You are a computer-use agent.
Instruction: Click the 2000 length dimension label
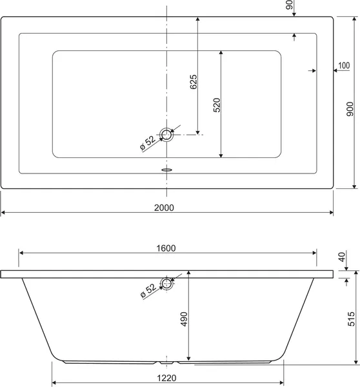click(x=164, y=208)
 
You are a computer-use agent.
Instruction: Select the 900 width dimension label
click(x=350, y=109)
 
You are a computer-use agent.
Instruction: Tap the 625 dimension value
click(x=194, y=82)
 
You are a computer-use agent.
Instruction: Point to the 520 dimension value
click(x=217, y=105)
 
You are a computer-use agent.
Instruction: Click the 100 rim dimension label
click(x=344, y=65)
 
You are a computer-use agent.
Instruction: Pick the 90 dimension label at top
click(x=289, y=5)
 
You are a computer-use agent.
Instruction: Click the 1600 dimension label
click(x=166, y=248)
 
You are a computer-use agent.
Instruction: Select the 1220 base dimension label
click(x=166, y=378)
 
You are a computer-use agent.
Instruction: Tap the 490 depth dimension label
click(x=185, y=319)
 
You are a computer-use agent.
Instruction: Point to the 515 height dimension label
click(x=351, y=319)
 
